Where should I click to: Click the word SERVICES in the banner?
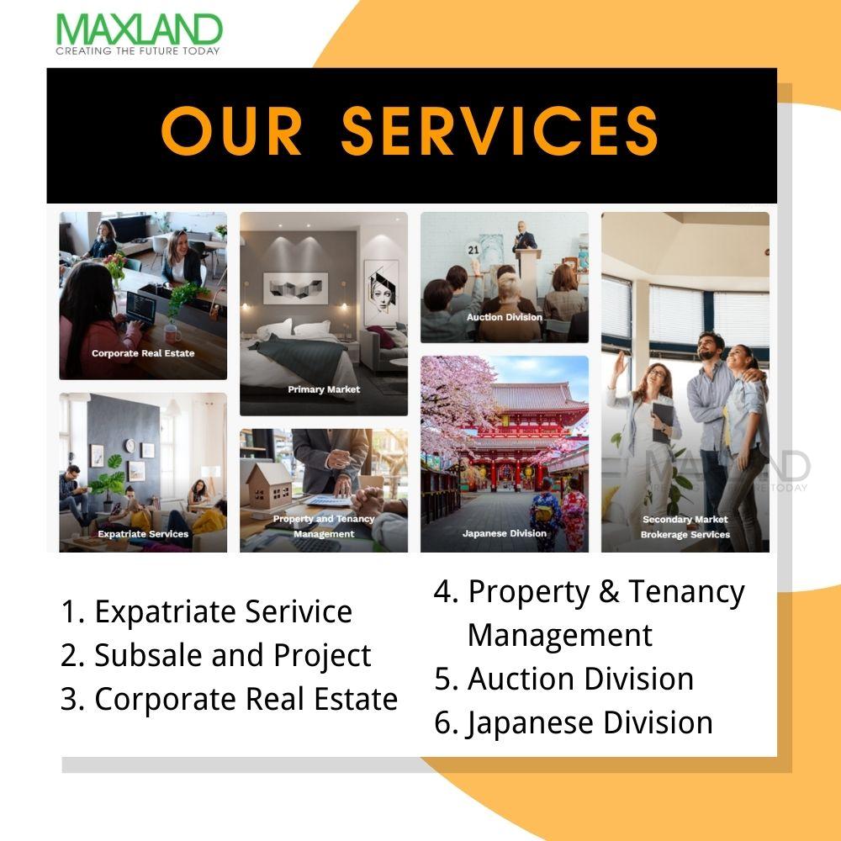pyautogui.click(x=500, y=130)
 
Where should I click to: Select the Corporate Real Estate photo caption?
pyautogui.click(x=143, y=353)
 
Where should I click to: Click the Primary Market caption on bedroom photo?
pyautogui.click(x=324, y=389)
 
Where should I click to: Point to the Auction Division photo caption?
pyautogui.click(x=504, y=317)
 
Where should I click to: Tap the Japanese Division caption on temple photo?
pyautogui.click(x=504, y=533)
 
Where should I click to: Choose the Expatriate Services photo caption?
pyautogui.click(x=143, y=534)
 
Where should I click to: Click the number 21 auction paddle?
pyautogui.click(x=473, y=250)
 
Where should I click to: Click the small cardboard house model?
pyautogui.click(x=269, y=484)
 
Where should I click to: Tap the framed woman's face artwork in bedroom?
pyautogui.click(x=381, y=293)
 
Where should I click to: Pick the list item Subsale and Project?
pyautogui.click(x=215, y=655)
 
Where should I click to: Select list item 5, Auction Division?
pyautogui.click(x=563, y=679)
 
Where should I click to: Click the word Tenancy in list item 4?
pyautogui.click(x=686, y=593)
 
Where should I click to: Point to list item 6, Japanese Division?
pyautogui.click(x=574, y=723)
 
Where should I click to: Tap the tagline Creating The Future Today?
pyautogui.click(x=138, y=51)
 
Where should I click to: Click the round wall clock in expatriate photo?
pyautogui.click(x=130, y=445)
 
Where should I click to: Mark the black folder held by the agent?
pyautogui.click(x=663, y=421)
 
